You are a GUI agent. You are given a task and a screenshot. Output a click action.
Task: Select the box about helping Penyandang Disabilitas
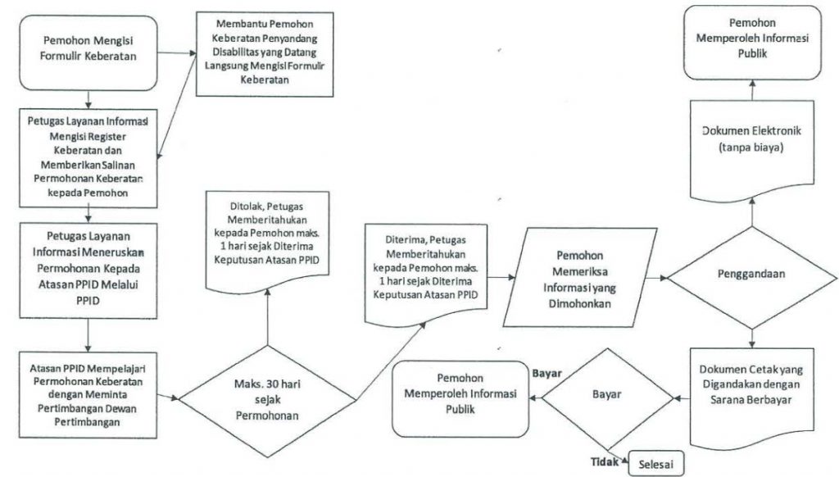tap(260, 50)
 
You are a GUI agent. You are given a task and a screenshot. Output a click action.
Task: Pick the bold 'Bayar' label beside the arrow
tap(546, 373)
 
